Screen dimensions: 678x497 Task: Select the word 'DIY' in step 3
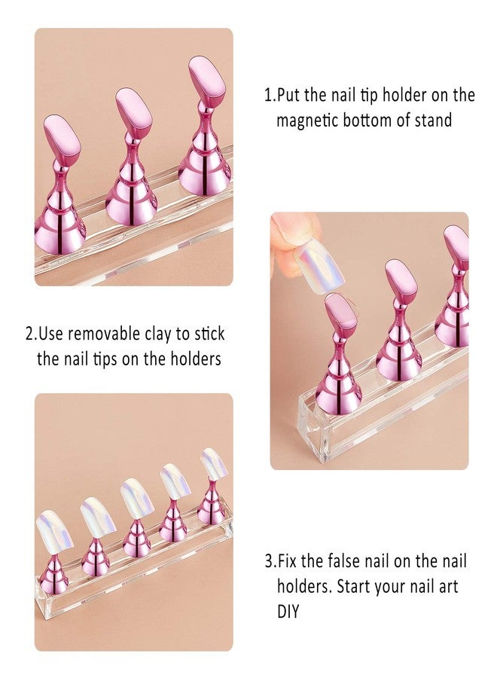point(288,611)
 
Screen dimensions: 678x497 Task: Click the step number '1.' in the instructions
point(269,96)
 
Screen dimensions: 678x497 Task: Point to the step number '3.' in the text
point(270,561)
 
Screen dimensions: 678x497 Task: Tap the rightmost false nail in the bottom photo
point(215,462)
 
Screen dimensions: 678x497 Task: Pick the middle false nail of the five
point(136,497)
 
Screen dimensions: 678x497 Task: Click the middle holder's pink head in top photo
point(134,112)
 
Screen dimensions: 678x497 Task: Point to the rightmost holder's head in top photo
point(206,81)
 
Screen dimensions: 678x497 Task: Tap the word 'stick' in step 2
point(204,332)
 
